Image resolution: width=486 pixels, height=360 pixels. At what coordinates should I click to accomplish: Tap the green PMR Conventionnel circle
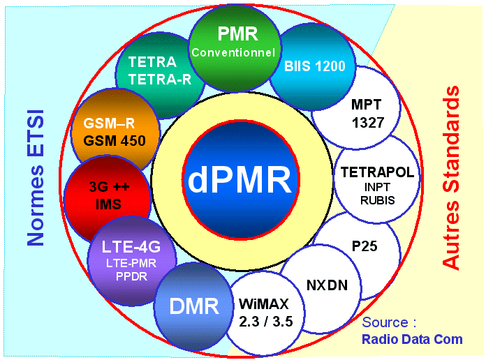pos(233,43)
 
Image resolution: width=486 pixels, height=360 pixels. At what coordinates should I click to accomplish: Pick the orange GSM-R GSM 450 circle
pos(115,133)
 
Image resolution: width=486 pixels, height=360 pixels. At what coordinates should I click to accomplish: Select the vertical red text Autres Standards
pos(452,177)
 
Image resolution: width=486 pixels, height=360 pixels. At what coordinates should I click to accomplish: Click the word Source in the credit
pos(385,323)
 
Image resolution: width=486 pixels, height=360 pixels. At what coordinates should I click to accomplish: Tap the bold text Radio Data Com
pos(411,340)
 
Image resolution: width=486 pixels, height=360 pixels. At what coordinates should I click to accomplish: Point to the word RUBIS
pos(378,200)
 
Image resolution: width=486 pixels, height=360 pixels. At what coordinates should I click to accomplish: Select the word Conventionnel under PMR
pos(234,52)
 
